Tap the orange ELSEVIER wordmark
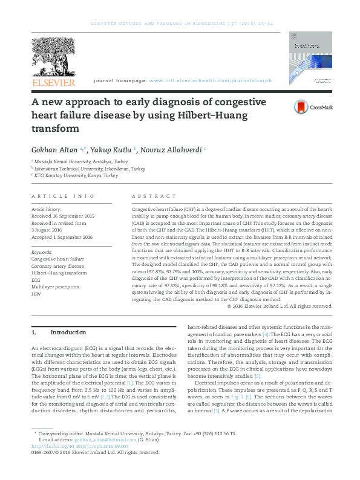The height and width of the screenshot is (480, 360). click(53, 82)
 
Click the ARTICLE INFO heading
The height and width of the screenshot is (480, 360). click(62, 196)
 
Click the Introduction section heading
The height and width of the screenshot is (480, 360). click(68, 332)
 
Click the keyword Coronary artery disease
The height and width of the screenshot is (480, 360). click(57, 265)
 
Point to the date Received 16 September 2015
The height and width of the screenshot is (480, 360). click(62, 216)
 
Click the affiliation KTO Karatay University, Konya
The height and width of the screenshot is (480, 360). click(76, 175)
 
